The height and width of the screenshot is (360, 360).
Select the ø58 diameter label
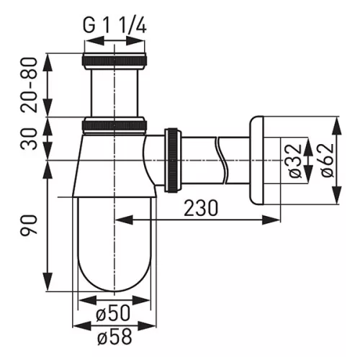(114, 335)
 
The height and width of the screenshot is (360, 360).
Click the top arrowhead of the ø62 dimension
(336, 120)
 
